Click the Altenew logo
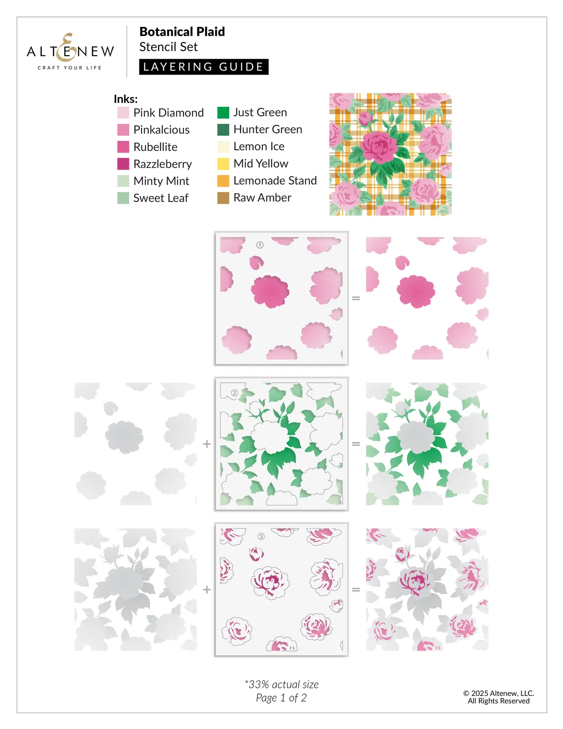[70, 51]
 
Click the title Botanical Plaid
[182, 32]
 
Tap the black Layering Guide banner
[204, 67]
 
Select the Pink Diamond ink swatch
[123, 113]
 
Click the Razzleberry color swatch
[123, 164]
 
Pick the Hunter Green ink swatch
[223, 130]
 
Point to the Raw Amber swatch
[223, 198]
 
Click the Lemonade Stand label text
[275, 181]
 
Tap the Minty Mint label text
[161, 181]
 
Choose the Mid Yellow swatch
[223, 164]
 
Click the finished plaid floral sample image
[390, 154]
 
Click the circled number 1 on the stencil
[260, 245]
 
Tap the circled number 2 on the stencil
[235, 393]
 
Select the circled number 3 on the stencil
[261, 537]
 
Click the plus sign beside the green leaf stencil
[207, 444]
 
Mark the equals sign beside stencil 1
[356, 298]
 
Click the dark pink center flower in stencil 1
[270, 292]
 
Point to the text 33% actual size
[282, 684]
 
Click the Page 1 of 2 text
[281, 698]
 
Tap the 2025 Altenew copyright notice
[498, 697]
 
